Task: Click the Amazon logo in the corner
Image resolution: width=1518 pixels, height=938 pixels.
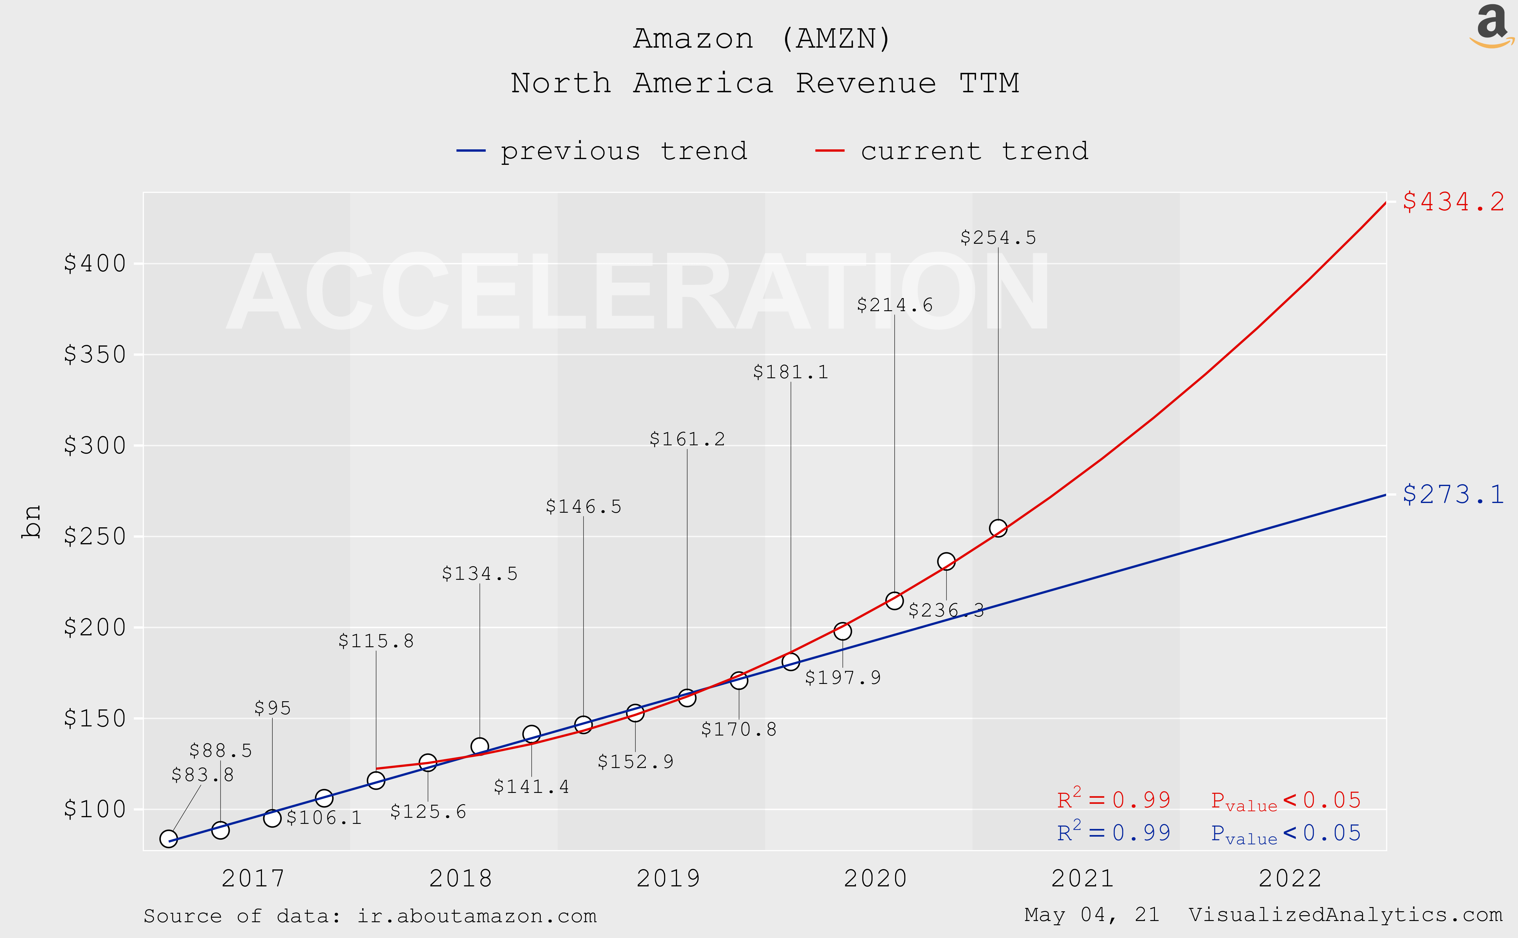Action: point(1491,26)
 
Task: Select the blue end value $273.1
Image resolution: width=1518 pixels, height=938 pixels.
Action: point(1453,494)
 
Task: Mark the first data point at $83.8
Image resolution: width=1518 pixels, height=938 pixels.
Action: point(168,839)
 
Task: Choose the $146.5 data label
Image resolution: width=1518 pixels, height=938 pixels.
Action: point(583,507)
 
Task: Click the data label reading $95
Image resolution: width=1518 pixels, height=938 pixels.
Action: point(272,708)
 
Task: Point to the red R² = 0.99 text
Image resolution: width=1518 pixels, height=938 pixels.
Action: point(1114,799)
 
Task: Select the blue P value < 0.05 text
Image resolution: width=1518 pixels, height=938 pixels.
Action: point(1285,833)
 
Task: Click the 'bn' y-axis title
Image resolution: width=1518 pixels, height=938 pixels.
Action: point(31,521)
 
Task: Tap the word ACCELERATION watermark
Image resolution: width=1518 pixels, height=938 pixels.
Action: point(637,292)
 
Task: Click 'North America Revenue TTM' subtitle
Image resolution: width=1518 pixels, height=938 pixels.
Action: point(765,83)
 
